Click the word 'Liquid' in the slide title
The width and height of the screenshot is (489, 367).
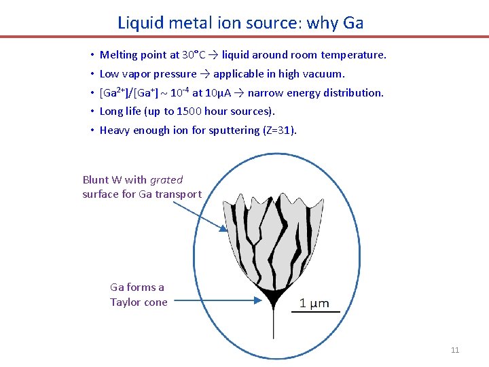tap(140, 22)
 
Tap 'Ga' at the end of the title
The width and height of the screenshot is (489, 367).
tap(353, 22)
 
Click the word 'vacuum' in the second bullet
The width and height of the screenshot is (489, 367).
tap(325, 73)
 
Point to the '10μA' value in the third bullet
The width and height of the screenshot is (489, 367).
tap(216, 92)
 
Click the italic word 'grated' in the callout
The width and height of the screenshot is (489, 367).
tap(166, 179)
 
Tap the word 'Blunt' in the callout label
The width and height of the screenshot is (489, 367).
tap(95, 179)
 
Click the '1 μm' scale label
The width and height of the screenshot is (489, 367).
tap(314, 303)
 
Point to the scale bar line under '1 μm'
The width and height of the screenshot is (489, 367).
tap(319, 312)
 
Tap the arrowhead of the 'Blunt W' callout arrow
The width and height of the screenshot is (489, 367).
tap(224, 229)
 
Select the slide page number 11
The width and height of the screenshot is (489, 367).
tap(455, 350)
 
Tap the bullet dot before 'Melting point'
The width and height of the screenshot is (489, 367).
tap(91, 55)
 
